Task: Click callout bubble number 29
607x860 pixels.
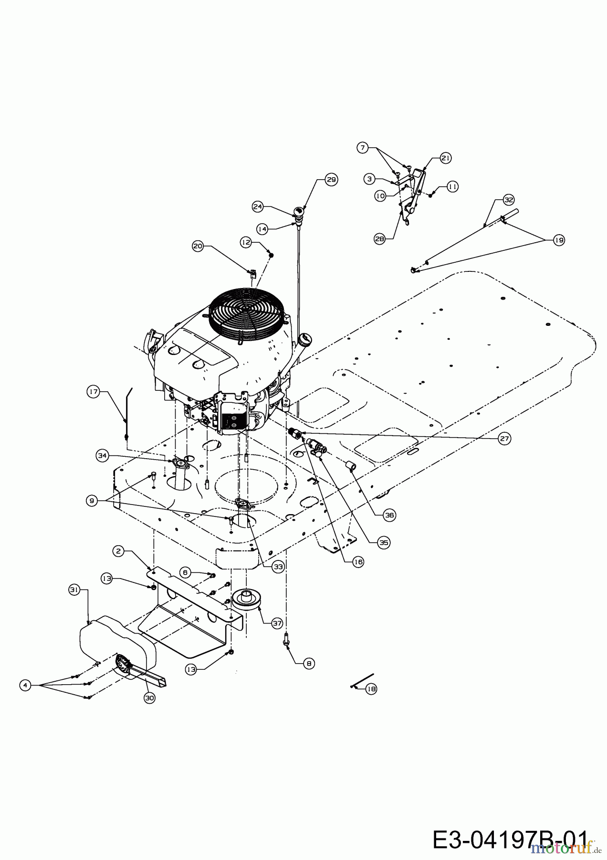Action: pyautogui.click(x=331, y=180)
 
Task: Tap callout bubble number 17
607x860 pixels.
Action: pyautogui.click(x=93, y=392)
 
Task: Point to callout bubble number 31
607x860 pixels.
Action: pyautogui.click(x=74, y=590)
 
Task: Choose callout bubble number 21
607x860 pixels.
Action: pyautogui.click(x=445, y=158)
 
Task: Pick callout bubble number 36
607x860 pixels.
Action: pyautogui.click(x=390, y=515)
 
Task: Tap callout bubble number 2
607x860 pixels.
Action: pyautogui.click(x=119, y=551)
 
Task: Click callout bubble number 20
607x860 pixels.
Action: pyautogui.click(x=198, y=246)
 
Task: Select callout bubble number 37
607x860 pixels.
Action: pyautogui.click(x=277, y=623)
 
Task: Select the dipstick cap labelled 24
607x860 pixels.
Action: pyautogui.click(x=298, y=211)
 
